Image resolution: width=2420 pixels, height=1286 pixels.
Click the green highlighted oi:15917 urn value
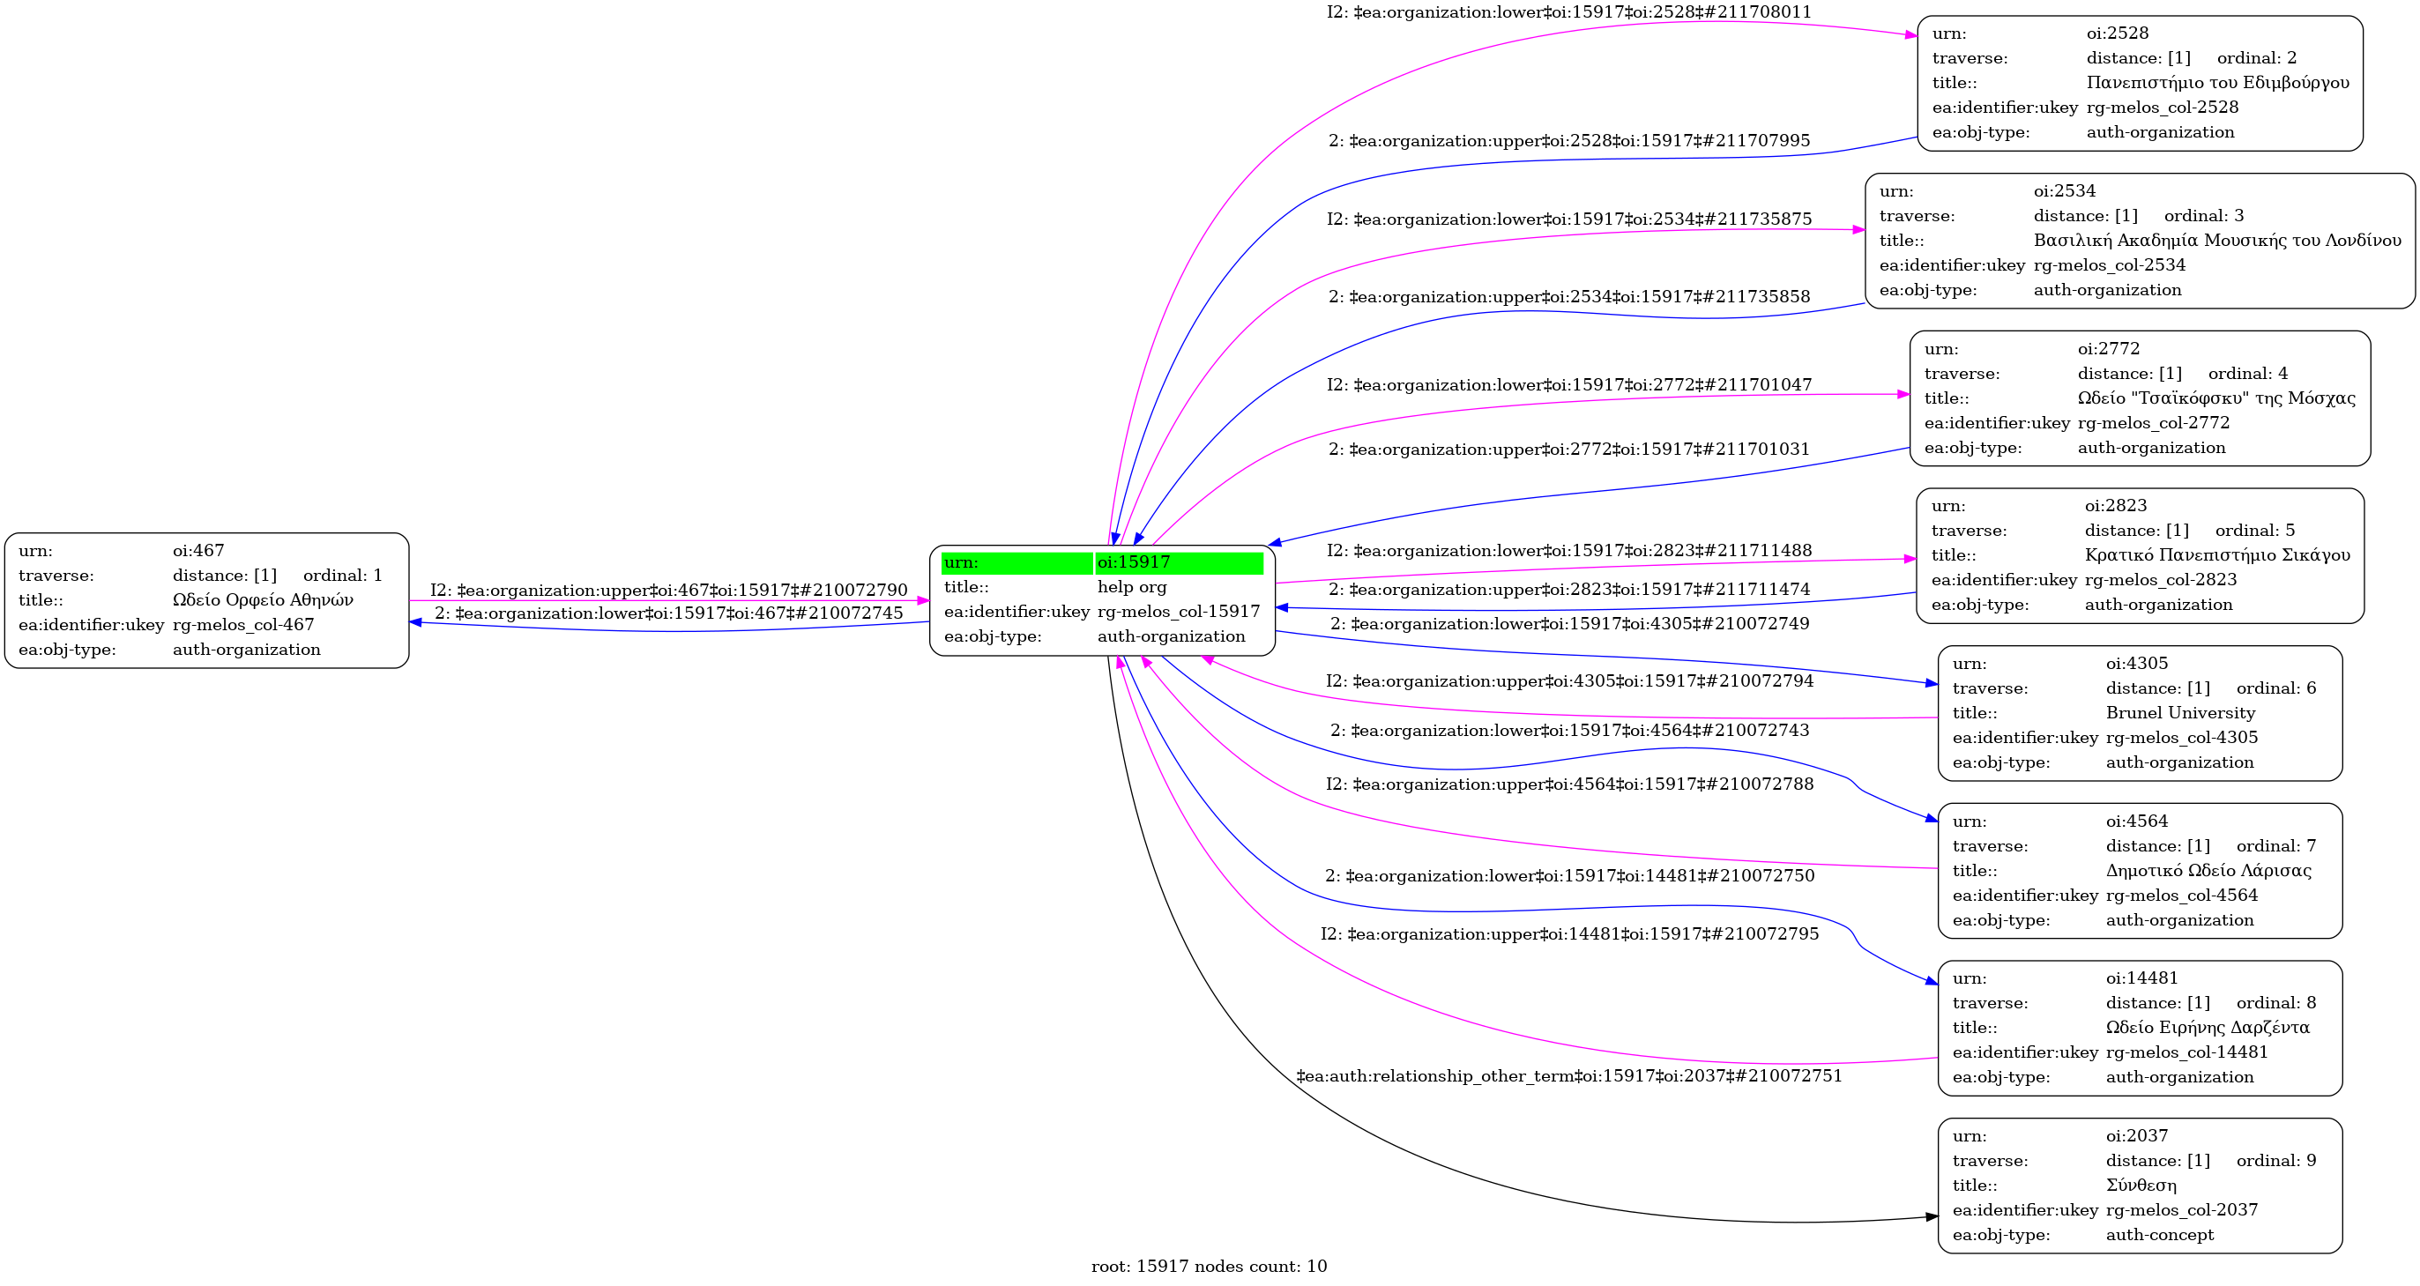[1133, 562]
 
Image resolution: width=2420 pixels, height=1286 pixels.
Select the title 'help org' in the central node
[1131, 587]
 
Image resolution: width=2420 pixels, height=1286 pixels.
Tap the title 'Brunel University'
[2179, 713]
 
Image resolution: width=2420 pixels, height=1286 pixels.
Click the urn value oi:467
[198, 551]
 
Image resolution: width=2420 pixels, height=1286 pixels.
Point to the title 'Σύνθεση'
[2141, 1186]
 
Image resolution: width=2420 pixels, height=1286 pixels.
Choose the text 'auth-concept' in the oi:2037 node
[2159, 1234]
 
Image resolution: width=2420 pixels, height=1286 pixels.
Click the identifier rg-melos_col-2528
[2162, 107]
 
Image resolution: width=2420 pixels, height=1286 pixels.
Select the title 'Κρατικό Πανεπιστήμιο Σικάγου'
[2216, 555]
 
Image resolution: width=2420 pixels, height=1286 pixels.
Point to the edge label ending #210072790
[668, 590]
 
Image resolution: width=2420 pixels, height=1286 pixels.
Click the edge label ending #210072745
[668, 613]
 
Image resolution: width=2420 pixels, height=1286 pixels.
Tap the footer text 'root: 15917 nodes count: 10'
[1209, 1267]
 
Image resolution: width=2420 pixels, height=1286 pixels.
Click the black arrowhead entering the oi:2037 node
[1932, 1216]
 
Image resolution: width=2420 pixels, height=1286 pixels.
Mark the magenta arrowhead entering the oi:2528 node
[1910, 35]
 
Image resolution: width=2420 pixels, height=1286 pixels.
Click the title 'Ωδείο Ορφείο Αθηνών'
[262, 600]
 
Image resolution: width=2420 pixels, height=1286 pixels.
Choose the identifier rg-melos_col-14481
[2186, 1052]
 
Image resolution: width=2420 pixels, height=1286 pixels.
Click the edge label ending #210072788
[1569, 784]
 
